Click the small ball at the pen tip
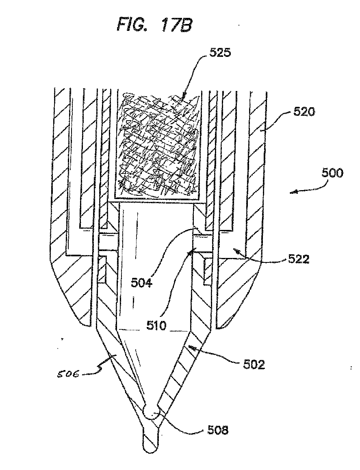(152, 414)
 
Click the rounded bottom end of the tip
(150, 447)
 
